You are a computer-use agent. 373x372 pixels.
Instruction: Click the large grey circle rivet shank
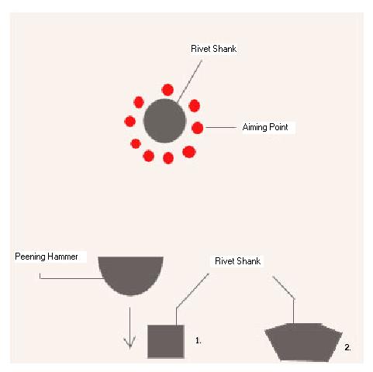pos(164,120)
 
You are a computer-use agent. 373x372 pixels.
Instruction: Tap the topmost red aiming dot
pos(168,90)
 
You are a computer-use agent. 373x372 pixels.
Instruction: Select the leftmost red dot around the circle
pos(130,121)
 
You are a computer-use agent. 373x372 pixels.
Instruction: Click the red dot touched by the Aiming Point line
pos(198,128)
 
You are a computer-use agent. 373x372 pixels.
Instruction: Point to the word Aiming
pos(254,127)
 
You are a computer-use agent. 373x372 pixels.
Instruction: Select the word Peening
pos(30,257)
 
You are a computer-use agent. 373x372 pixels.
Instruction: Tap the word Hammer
pos(63,257)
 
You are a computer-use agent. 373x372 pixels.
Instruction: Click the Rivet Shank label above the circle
pos(213,49)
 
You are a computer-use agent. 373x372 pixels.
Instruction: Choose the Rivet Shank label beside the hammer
pos(237,261)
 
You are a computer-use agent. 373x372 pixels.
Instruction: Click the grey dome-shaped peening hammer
pos(130,275)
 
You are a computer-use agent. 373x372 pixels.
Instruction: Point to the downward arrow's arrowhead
pos(130,343)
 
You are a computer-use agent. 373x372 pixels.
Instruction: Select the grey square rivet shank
pos(166,342)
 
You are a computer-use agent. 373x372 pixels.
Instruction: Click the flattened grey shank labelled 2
pos(304,343)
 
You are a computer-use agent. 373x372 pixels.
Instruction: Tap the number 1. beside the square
pos(199,341)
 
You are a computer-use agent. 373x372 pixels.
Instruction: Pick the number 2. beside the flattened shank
pos(348,347)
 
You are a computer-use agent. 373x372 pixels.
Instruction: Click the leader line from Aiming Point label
pos(221,127)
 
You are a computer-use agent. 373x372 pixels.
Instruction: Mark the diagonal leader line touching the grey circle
pos(189,81)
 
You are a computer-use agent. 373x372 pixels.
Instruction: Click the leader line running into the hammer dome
pos(71,278)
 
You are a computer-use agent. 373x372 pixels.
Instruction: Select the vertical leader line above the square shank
pos(176,316)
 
